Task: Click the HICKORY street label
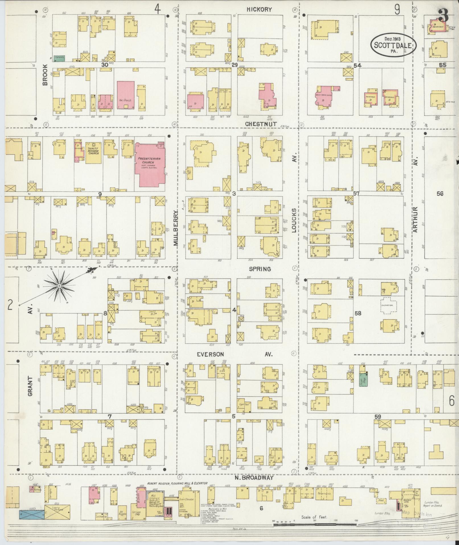click(x=259, y=9)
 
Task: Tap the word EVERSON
click(x=210, y=354)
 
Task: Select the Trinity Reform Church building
click(x=93, y=152)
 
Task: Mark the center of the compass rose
click(x=59, y=285)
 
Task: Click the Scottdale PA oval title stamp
click(x=394, y=45)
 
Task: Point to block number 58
click(x=358, y=313)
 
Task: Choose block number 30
click(x=105, y=65)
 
